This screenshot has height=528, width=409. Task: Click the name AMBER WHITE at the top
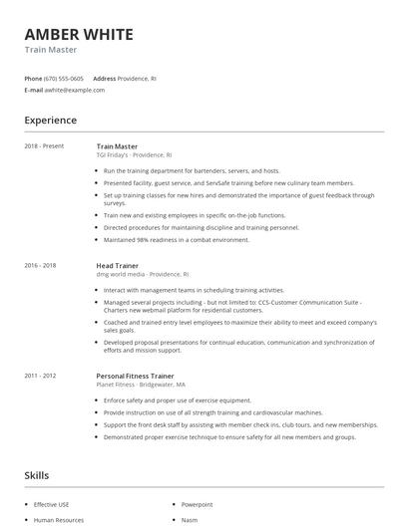tap(78, 35)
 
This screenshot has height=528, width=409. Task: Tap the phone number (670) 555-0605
tap(65, 78)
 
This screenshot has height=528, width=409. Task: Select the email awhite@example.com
tap(74, 90)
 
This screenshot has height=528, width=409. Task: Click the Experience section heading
tap(51, 121)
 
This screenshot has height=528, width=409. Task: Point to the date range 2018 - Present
tap(44, 146)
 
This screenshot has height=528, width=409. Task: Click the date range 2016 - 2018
tap(41, 266)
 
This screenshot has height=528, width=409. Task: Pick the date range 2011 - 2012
tap(41, 375)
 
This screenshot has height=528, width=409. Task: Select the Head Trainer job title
tap(117, 266)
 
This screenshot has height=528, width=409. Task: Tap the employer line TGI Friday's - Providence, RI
tap(134, 155)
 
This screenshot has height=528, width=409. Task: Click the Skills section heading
tap(38, 476)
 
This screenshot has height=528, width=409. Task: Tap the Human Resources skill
tap(58, 520)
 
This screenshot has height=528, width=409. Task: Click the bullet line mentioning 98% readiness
tap(176, 239)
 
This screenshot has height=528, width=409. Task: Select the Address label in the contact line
tap(105, 78)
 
